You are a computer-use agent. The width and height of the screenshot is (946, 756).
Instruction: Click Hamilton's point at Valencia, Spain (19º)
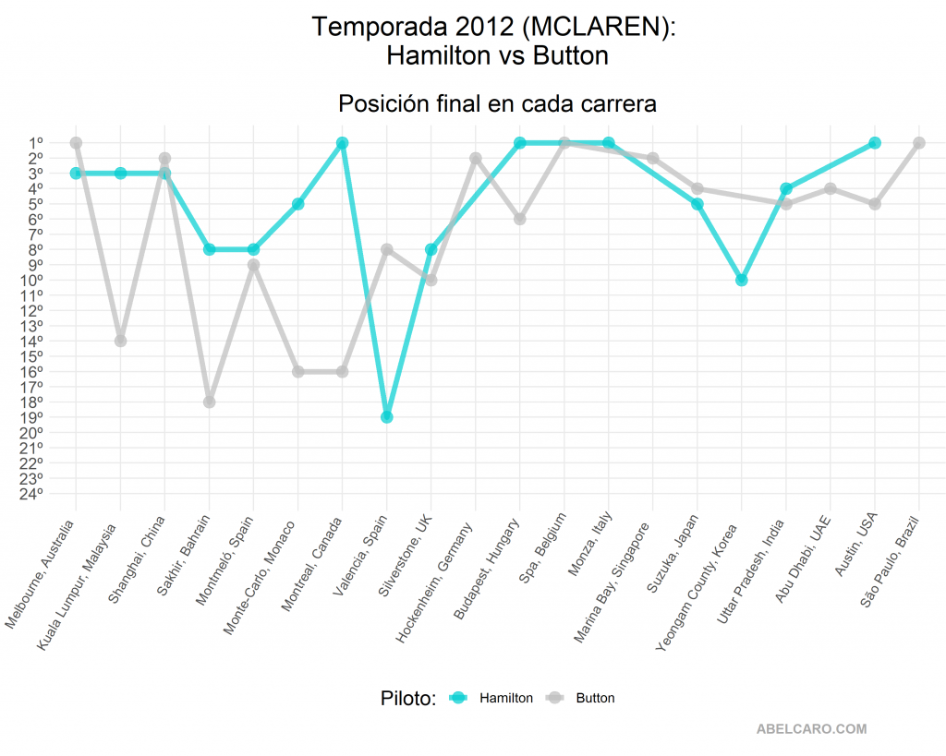coord(387,417)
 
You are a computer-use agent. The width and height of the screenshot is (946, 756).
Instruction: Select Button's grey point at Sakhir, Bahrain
coord(210,402)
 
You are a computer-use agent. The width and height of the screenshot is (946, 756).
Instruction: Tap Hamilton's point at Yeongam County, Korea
coord(742,280)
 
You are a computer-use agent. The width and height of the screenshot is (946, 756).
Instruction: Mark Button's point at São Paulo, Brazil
coord(919,143)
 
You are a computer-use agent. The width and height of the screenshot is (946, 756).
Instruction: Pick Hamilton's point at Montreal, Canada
coord(343,143)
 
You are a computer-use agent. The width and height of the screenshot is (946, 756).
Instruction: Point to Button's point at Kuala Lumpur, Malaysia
coord(120,341)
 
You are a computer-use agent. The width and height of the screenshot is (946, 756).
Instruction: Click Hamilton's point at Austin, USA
coord(875,143)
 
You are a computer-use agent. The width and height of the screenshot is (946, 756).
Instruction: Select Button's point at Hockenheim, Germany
coord(476,158)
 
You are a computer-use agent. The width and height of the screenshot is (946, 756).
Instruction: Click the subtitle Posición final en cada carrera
coord(497,103)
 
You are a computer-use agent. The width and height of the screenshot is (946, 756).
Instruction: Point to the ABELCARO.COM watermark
coord(811,728)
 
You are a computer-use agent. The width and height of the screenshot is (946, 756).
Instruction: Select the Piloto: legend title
coord(407,698)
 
